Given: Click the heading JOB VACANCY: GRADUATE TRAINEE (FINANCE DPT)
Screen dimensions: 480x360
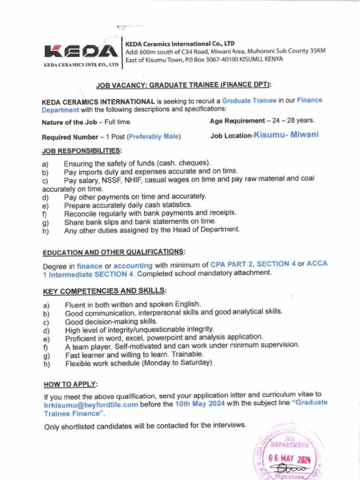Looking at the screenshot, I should click(184, 85).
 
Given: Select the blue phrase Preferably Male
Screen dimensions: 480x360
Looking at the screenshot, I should click(153, 137).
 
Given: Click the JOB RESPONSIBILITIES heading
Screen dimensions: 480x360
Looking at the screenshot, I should click(82, 151).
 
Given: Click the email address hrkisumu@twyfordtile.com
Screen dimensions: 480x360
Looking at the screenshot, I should click(91, 405).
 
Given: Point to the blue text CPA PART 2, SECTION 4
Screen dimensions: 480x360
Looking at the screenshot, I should click(253, 264).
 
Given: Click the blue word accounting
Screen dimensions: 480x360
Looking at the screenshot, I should click(133, 265).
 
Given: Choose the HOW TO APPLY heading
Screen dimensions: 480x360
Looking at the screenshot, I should click(71, 384).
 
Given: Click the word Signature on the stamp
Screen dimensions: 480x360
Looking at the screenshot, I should click(289, 475).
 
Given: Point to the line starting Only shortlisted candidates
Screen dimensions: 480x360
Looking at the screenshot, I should click(145, 426).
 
